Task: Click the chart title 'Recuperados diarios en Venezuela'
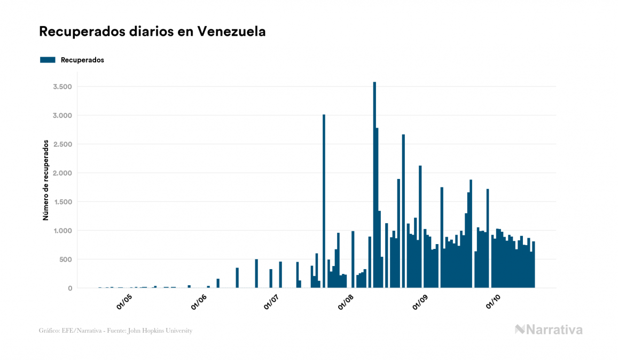pos(152,32)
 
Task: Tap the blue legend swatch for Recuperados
pos(48,60)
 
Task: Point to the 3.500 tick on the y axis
pos(62,87)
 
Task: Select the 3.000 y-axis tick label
pos(62,115)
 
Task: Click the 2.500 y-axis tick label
pos(62,144)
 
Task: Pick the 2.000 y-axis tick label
pos(62,173)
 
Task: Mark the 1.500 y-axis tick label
pos(62,202)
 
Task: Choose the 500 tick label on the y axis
pos(65,260)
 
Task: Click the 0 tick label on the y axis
pos(70,288)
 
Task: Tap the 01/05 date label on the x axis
pos(124,301)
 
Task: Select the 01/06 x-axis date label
pos(199,301)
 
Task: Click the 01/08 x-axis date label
pos(346,301)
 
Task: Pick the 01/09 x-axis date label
pos(420,301)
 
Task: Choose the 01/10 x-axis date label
pos(494,301)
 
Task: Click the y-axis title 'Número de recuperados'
pos(46,181)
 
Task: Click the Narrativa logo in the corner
pos(549,330)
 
